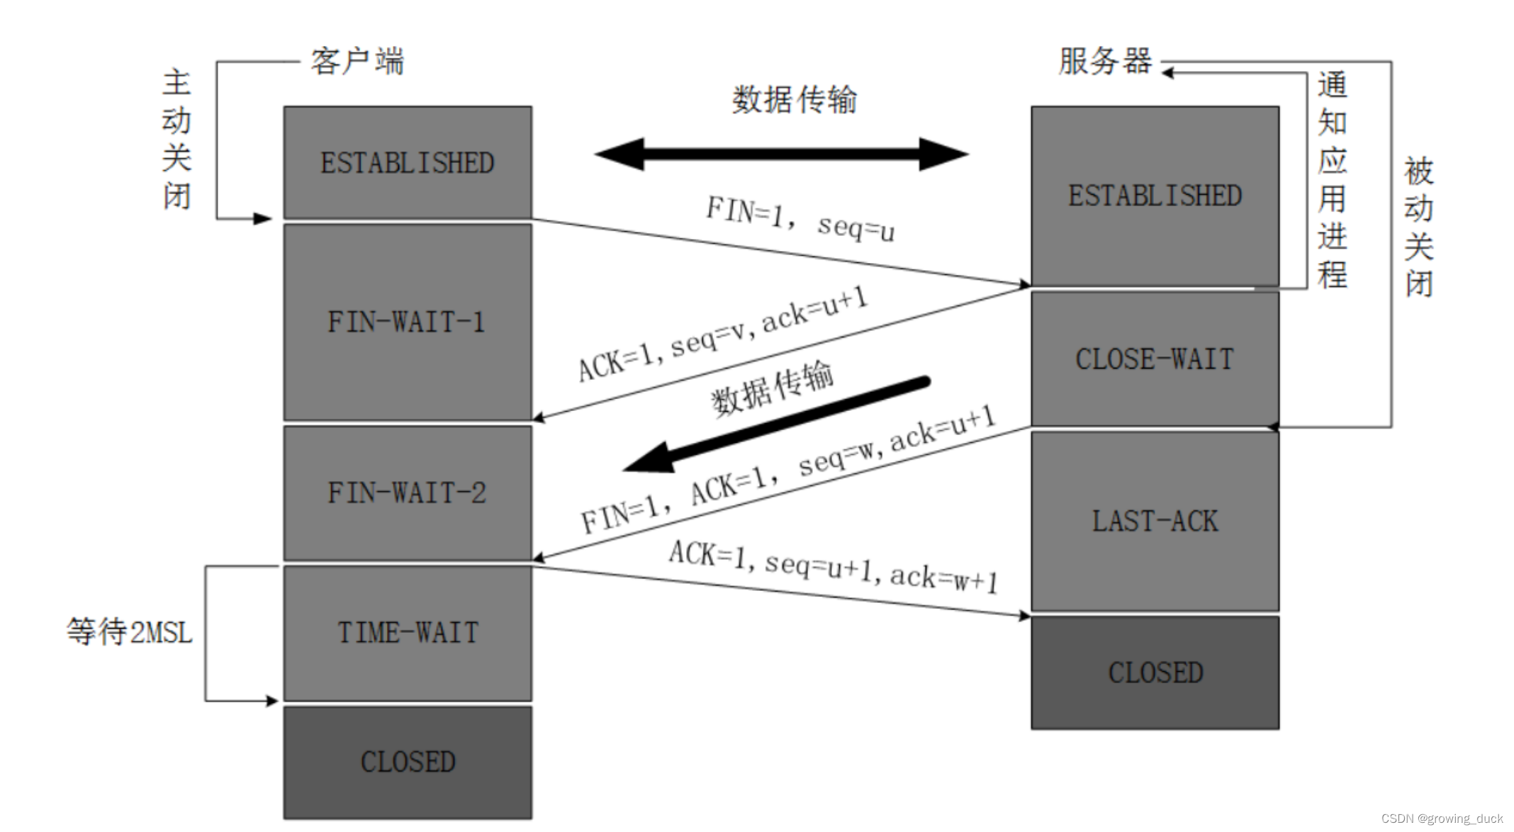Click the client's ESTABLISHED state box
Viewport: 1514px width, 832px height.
click(x=408, y=162)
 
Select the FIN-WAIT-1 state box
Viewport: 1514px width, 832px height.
click(x=408, y=322)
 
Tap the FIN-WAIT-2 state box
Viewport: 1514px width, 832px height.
click(x=408, y=493)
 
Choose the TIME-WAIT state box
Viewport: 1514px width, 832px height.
click(x=408, y=632)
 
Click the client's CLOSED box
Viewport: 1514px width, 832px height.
click(x=408, y=762)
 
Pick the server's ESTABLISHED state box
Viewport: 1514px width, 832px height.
click(x=1155, y=196)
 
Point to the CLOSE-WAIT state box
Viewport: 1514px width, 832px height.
click(x=1155, y=359)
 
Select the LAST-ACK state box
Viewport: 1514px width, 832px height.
click(x=1155, y=521)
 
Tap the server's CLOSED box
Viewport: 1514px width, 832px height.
click(x=1155, y=672)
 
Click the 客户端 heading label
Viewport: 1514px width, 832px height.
click(x=357, y=62)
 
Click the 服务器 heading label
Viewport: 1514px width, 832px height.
click(x=1105, y=62)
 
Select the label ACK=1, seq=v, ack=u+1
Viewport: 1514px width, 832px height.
click(x=722, y=334)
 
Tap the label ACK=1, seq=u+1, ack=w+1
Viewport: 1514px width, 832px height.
click(x=834, y=567)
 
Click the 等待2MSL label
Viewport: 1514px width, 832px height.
click(x=130, y=631)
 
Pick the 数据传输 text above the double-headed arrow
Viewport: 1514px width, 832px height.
click(x=794, y=99)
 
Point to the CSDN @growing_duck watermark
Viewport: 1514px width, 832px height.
click(x=1442, y=819)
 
